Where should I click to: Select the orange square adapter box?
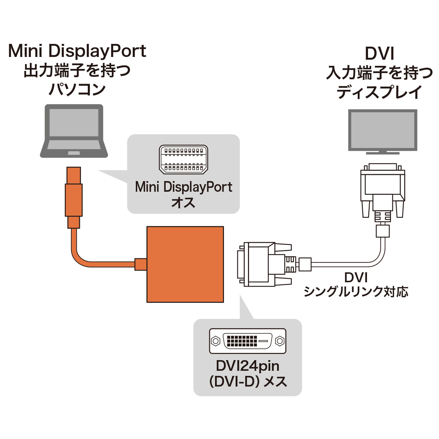(185, 264)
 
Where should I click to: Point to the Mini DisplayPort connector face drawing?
(183, 159)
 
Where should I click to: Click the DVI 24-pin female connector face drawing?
(248, 341)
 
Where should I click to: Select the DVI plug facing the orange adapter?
(264, 264)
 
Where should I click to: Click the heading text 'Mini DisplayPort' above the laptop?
(77, 51)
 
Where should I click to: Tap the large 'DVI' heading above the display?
(379, 54)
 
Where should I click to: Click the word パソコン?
(77, 90)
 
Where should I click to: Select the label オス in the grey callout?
(183, 203)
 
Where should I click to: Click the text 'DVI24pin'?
(248, 366)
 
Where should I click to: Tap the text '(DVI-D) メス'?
(248, 382)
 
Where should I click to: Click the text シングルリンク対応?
(356, 292)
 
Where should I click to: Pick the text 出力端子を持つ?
(77, 71)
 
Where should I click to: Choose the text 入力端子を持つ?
(379, 73)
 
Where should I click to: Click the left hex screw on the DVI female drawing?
(216, 341)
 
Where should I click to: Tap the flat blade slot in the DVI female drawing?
(263, 341)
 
